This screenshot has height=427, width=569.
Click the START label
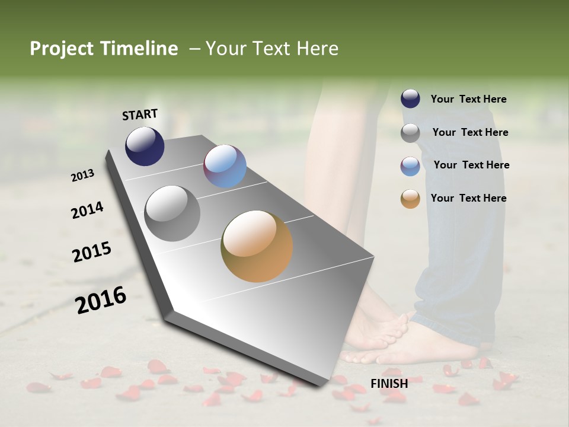(140, 114)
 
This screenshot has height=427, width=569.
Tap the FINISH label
(389, 384)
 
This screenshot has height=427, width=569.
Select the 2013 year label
(83, 176)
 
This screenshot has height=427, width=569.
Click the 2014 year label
(88, 211)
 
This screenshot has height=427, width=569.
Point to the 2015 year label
(92, 252)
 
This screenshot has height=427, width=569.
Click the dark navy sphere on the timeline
(145, 146)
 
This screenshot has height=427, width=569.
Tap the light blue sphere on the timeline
(225, 166)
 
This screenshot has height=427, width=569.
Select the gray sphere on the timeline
(172, 213)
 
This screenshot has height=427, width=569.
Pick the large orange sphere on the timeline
(257, 246)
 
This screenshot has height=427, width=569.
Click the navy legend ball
(410, 98)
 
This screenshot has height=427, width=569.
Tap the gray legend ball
(410, 133)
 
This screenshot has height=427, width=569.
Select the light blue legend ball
(410, 166)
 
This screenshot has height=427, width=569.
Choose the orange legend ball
(410, 199)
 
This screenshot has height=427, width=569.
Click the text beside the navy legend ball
(468, 99)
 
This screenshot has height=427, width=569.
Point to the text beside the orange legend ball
(468, 198)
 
